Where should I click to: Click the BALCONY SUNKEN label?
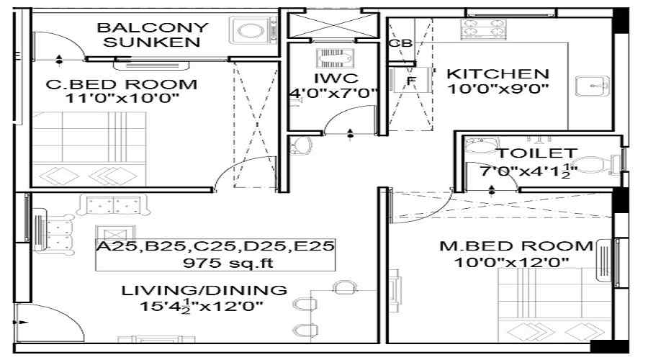153,35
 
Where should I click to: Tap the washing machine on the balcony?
253,30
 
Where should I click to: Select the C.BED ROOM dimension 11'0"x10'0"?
122,99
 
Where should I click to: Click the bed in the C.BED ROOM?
89,149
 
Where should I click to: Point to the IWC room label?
336,78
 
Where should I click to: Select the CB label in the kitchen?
400,43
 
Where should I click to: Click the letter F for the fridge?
411,81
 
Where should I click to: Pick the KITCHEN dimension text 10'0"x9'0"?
498,88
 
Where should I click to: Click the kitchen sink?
593,86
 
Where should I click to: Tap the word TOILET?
537,153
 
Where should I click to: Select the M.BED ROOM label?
516,246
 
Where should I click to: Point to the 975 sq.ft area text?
228,263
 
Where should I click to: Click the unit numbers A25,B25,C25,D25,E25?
215,246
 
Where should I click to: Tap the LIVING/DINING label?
204,290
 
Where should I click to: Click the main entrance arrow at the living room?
21,322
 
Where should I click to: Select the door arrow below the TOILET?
492,191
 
